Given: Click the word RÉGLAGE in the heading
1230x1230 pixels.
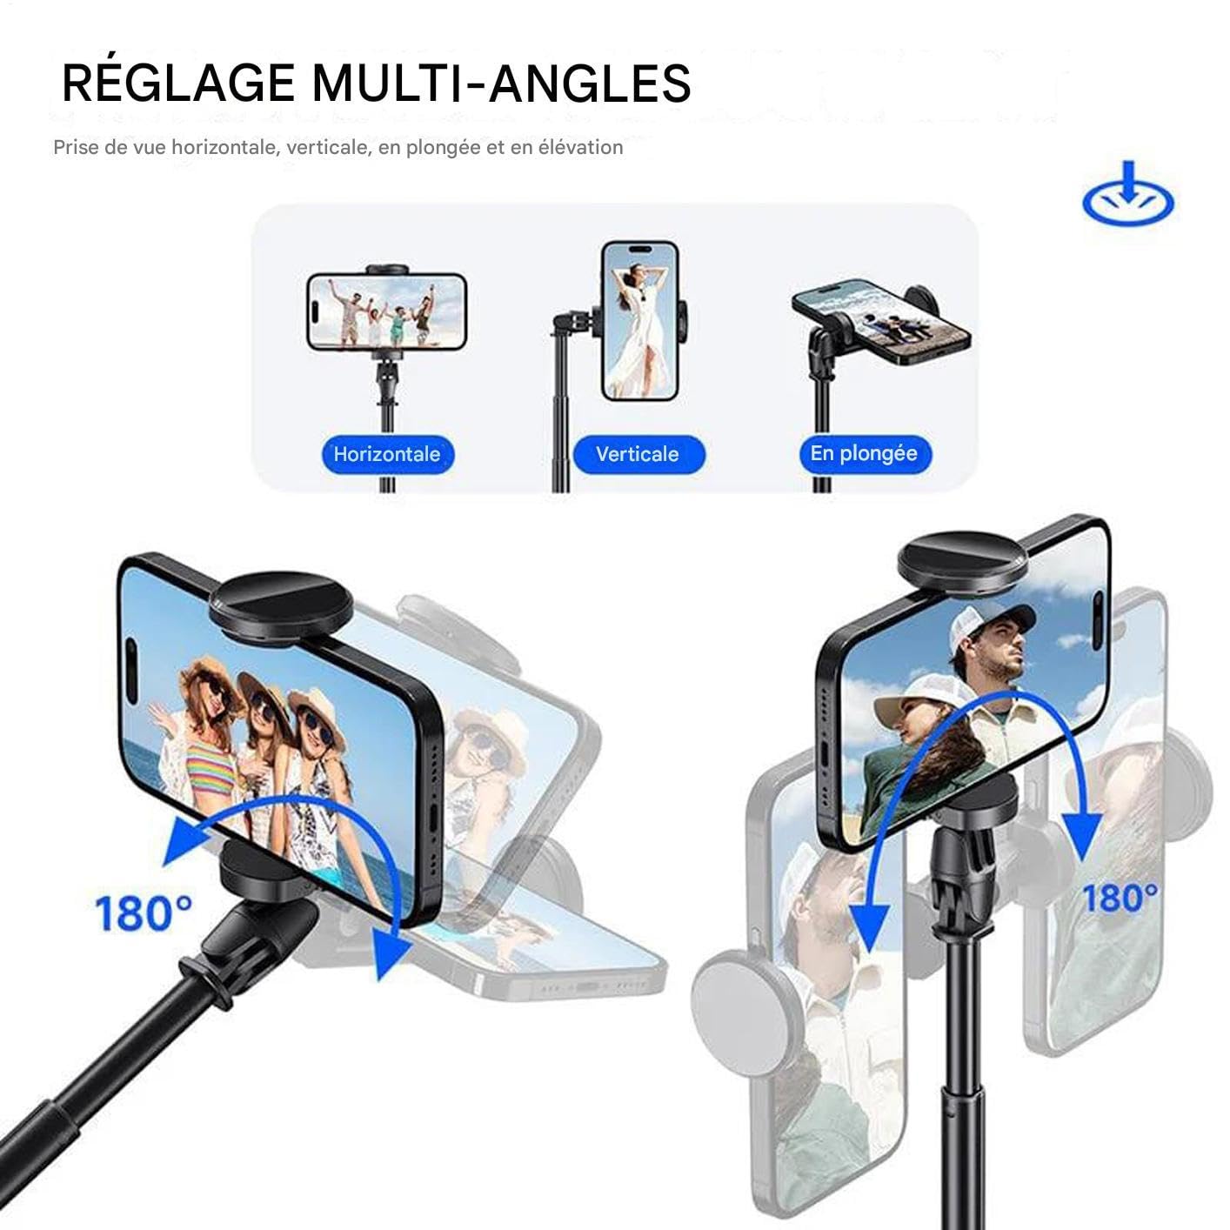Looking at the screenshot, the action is pyautogui.click(x=177, y=82).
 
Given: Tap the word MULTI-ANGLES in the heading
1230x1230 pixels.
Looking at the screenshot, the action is pyautogui.click(x=502, y=83).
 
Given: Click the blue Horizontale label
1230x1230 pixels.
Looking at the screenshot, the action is pyautogui.click(x=387, y=454).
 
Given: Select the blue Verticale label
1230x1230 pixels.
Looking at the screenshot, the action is pyautogui.click(x=638, y=454).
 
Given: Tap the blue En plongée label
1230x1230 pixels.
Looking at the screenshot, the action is pyautogui.click(x=865, y=454).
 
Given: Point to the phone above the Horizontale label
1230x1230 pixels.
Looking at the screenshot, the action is pyautogui.click(x=387, y=312).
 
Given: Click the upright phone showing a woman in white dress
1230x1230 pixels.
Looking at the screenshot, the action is pyautogui.click(x=640, y=321).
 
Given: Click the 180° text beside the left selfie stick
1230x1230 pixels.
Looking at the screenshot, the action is pyautogui.click(x=143, y=913).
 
